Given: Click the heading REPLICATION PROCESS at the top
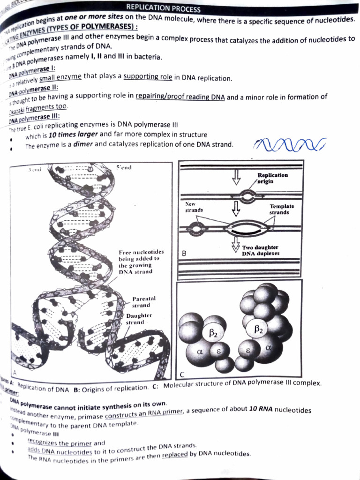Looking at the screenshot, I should tap(163, 8).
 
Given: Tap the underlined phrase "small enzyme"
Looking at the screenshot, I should tap(60, 78).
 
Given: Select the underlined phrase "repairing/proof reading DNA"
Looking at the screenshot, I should tap(180, 97).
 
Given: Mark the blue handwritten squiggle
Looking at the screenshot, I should tap(290, 145).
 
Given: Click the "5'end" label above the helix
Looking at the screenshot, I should tap(123, 168).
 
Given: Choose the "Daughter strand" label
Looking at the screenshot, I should tap(139, 319).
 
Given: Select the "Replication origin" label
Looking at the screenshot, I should tap(272, 178).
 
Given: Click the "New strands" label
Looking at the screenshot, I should tap(193, 207).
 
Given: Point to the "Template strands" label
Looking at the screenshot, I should tap(282, 209).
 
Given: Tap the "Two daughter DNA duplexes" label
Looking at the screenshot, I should tap(260, 250).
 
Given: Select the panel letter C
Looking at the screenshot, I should tap(182, 374).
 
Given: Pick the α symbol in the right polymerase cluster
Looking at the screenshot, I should tap(268, 347).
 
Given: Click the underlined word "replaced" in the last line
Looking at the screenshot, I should tap(174, 455).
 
